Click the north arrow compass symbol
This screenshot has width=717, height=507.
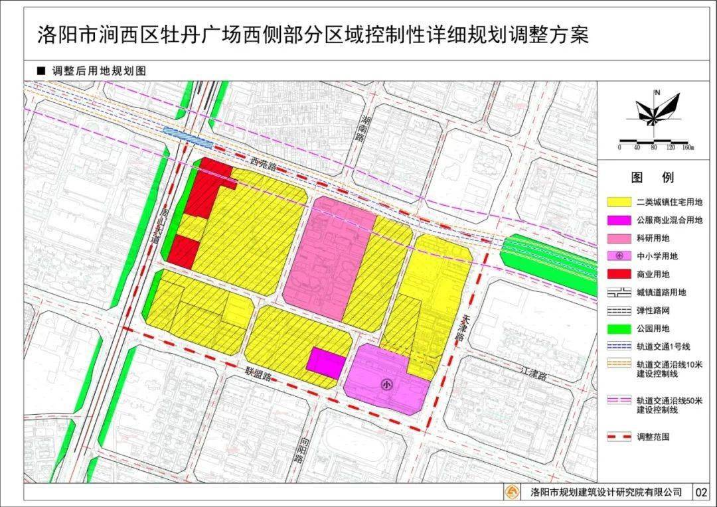click(x=657, y=110)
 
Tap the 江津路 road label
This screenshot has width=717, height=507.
click(x=533, y=376)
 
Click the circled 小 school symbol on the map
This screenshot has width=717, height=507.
click(x=386, y=384)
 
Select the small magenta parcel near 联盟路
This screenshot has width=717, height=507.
click(x=326, y=361)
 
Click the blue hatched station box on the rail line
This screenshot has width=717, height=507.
click(x=188, y=138)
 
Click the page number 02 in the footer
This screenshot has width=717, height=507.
click(x=701, y=492)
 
